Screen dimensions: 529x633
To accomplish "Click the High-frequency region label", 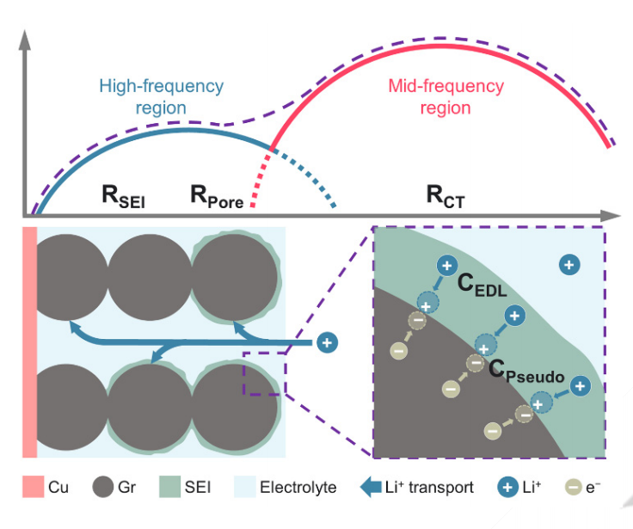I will point(161,97).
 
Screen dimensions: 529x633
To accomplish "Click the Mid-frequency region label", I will point(446,97).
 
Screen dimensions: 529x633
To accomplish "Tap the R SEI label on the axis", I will point(123,196).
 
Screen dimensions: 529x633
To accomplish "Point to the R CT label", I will point(445,196).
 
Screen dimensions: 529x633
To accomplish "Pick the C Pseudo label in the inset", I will point(526,371).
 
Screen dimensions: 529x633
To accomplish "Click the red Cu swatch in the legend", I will point(34,488).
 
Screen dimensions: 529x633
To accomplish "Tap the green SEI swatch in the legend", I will point(167,488).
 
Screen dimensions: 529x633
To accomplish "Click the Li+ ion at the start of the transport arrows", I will point(327,342).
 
